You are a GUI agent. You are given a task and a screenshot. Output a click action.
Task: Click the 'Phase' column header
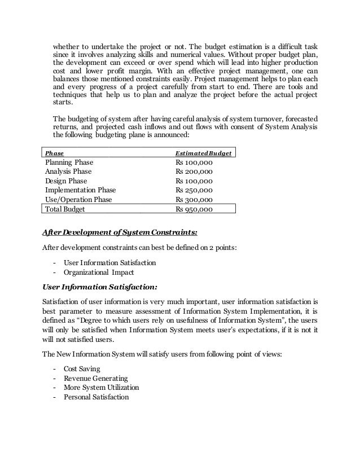click(54, 153)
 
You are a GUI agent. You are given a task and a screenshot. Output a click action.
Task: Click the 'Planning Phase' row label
click(69, 162)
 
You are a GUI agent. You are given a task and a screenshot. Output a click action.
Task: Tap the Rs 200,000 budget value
click(194, 172)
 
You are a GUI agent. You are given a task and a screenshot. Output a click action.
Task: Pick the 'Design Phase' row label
click(65, 181)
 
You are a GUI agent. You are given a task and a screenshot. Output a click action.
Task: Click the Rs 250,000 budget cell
click(194, 190)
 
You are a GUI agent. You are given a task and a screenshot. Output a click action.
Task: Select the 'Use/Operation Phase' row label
click(78, 200)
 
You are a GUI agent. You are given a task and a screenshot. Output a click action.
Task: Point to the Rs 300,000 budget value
click(194, 200)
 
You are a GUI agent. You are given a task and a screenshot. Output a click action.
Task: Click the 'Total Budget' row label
click(64, 209)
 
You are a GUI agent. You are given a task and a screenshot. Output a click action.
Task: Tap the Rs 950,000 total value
click(194, 209)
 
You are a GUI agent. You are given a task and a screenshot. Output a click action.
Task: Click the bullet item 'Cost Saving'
click(82, 368)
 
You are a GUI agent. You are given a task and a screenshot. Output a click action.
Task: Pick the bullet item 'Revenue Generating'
click(95, 378)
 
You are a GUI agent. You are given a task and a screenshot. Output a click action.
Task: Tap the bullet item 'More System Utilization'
click(101, 388)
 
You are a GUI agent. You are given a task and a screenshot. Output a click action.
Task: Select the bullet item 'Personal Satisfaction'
click(96, 397)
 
